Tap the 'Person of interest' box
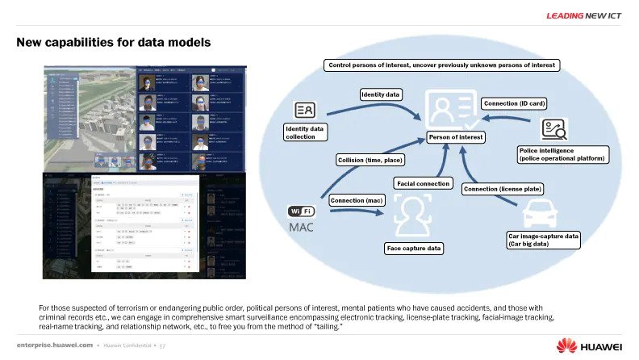456,137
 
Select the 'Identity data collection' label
306,132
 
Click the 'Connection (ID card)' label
513,103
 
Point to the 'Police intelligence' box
562,154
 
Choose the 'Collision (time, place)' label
370,160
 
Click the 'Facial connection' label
423,184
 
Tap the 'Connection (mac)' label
357,199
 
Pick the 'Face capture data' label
413,249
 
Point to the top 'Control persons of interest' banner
442,65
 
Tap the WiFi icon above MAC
300,211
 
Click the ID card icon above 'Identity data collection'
306,111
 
